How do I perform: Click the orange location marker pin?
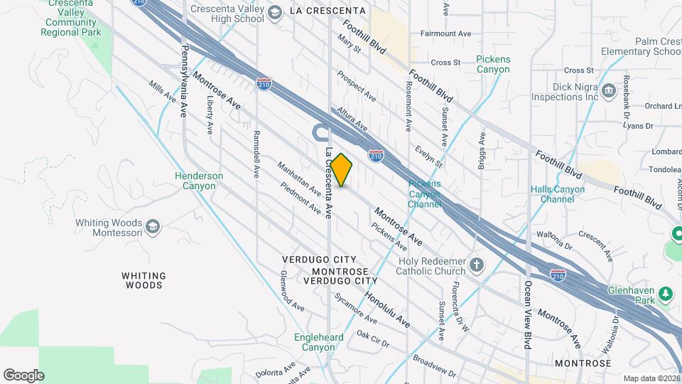tap(341, 170)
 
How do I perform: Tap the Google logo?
tap(23, 375)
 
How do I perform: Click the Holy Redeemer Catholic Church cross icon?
tap(477, 266)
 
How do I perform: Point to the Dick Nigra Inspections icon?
tap(609, 90)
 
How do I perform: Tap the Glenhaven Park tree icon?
tap(665, 293)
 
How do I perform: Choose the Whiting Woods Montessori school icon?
tap(152, 227)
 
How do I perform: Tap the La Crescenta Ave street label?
tap(328, 183)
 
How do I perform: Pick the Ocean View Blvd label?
tap(528, 314)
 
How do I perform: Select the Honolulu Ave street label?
tap(387, 310)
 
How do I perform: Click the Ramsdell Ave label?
tap(256, 154)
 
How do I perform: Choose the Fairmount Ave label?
tap(445, 33)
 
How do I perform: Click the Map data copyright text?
tap(650, 378)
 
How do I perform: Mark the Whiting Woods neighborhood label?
tap(144, 280)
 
